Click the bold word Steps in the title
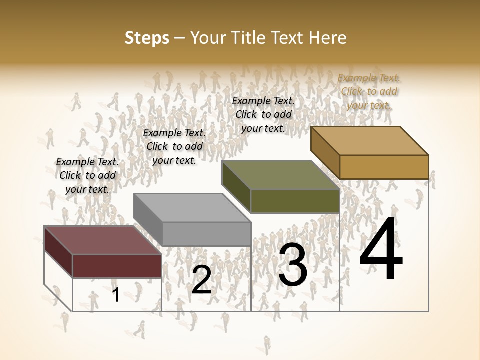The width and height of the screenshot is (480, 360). pyautogui.click(x=147, y=38)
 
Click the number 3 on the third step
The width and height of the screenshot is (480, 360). pyautogui.click(x=293, y=265)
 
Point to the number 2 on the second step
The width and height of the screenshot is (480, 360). pyautogui.click(x=201, y=280)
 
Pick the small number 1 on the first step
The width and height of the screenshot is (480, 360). pyautogui.click(x=115, y=295)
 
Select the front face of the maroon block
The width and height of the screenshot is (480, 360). pyautogui.click(x=117, y=266)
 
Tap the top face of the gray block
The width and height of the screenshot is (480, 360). pyautogui.click(x=191, y=207)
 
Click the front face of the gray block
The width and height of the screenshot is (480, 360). pyautogui.click(x=206, y=234)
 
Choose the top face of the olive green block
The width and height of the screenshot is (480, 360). pyautogui.click(x=280, y=175)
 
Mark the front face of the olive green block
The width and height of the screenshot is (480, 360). pyautogui.click(x=295, y=201)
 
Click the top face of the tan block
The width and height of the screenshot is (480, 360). pyautogui.click(x=369, y=140)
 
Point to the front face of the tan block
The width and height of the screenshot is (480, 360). pyautogui.click(x=384, y=167)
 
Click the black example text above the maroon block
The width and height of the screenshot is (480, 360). pyautogui.click(x=87, y=175)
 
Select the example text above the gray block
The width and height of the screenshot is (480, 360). pyautogui.click(x=174, y=146)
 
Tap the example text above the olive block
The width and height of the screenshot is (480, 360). pyautogui.click(x=263, y=114)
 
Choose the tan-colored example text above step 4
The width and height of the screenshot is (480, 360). pyautogui.click(x=369, y=91)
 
